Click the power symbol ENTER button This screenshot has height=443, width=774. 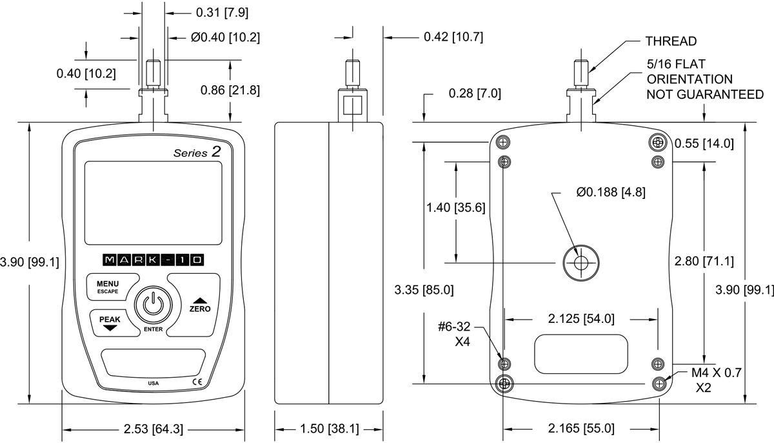coord(153,304)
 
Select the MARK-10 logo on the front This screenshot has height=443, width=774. coord(153,260)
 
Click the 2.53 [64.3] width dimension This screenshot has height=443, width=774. coord(153,428)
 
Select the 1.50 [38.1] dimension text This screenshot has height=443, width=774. coord(329,428)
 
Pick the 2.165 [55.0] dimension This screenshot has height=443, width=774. coord(581,428)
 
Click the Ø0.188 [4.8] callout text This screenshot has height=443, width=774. coord(611,192)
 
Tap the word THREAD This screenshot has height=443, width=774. coord(671,42)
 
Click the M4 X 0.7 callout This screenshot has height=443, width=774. coord(717,373)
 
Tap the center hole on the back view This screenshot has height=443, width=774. coord(580,262)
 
